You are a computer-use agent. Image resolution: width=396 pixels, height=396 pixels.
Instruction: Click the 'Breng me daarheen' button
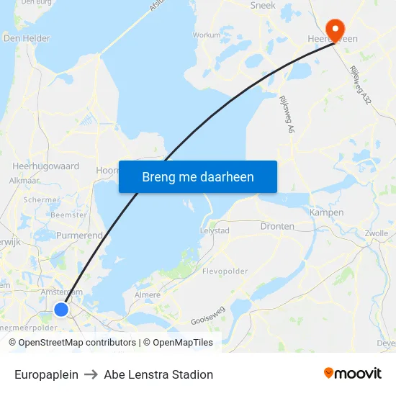coord(198,176)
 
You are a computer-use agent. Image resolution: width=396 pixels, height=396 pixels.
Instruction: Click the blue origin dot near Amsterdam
coord(61,309)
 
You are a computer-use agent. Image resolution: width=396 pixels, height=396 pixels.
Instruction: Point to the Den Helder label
coord(27,38)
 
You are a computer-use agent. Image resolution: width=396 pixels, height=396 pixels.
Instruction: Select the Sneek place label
coord(262,5)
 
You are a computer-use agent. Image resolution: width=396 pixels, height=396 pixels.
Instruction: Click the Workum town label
coord(207,35)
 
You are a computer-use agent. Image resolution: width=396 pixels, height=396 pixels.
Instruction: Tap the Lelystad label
coord(214,230)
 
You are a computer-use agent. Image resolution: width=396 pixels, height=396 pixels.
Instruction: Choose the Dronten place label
coord(277,226)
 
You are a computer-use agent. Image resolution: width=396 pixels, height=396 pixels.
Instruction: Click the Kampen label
coord(326,212)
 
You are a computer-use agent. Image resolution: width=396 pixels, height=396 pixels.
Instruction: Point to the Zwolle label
coord(377,233)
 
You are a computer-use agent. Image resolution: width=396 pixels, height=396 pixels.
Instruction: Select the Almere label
coord(148,295)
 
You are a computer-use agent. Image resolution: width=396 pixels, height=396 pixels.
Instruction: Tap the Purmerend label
coord(79,235)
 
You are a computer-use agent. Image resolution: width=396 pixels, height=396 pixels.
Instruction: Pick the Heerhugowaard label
coord(45,166)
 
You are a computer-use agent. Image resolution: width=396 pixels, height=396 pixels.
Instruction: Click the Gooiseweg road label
coord(208,314)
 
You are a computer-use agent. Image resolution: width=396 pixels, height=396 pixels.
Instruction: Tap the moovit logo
coord(352,373)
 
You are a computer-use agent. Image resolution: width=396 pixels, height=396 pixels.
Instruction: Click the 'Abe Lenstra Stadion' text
coord(158,374)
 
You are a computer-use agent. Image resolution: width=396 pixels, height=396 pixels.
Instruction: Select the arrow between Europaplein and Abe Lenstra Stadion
coord(91,374)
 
